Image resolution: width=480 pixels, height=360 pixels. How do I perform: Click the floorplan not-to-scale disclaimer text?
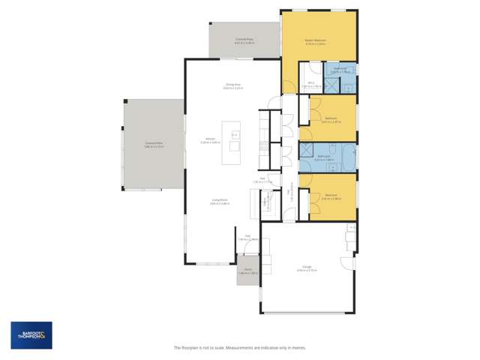pos(239,348)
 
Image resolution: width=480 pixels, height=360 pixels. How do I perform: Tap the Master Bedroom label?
pos(314,41)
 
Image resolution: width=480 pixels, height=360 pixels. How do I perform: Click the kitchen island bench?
pos(234,143)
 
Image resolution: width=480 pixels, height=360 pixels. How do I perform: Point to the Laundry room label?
pos(267,202)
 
